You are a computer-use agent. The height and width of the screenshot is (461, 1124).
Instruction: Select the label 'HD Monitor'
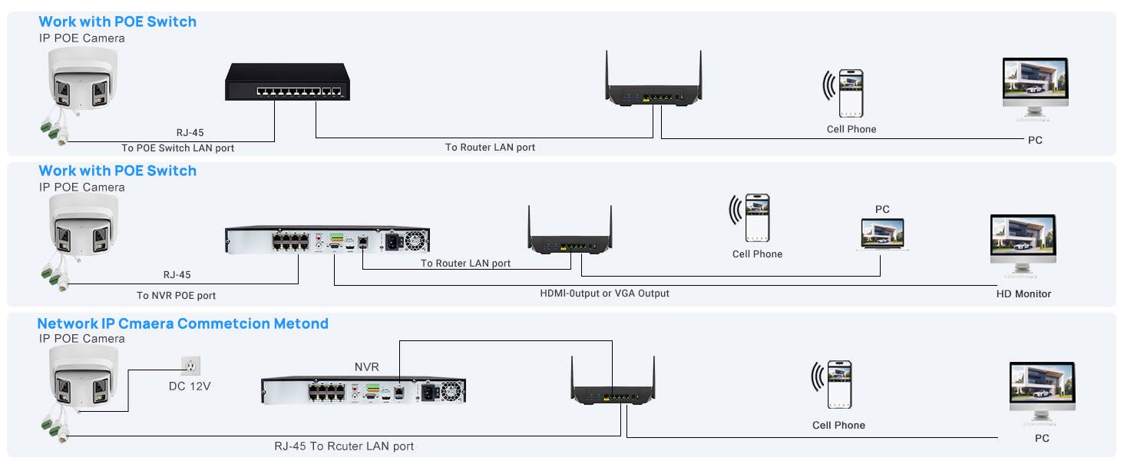coord(1023,294)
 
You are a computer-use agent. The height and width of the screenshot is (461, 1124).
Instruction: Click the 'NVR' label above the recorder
coord(366,367)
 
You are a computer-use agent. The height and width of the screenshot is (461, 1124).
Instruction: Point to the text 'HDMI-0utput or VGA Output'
coord(604,293)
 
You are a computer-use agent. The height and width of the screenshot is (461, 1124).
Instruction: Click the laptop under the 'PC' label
coord(881,234)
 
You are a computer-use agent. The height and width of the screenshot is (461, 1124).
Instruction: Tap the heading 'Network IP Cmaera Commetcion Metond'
coord(183,323)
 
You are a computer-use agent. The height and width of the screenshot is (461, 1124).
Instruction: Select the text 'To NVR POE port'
coord(176,295)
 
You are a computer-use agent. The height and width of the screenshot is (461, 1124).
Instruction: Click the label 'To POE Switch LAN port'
coord(177,148)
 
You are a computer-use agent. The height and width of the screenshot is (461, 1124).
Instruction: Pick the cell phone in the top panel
coord(850,93)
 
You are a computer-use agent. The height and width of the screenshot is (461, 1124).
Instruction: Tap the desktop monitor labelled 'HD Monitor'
coord(1023,244)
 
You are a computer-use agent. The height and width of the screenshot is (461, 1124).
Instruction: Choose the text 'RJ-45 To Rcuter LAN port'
coord(344,446)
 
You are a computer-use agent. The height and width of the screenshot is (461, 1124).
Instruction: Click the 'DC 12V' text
coord(190,386)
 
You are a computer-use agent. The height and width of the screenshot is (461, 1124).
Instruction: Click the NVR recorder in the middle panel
coord(328,241)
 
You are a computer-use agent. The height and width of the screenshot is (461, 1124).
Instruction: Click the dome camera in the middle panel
coord(83,224)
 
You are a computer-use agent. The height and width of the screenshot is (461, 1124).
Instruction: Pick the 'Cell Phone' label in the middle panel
coord(757,254)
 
